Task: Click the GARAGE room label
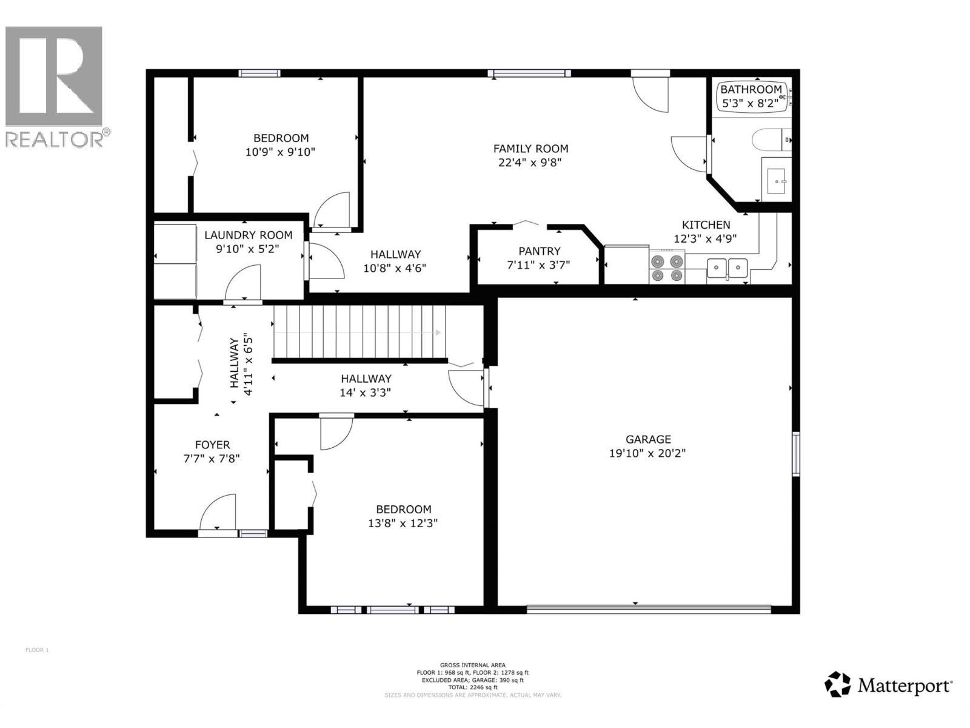pos(647,439)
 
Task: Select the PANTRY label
pos(539,251)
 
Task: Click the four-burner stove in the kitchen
pos(667,268)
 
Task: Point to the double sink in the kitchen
pos(727,267)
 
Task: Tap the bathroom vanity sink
pos(777,179)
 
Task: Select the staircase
pos(359,332)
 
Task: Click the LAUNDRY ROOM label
pos(248,235)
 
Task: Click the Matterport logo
pos(888,685)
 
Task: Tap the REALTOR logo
pos(55,85)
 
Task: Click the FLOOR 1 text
pos(37,650)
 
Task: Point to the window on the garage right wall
pos(796,454)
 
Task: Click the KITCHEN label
pos(706,225)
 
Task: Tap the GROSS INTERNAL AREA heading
pos(472,666)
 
